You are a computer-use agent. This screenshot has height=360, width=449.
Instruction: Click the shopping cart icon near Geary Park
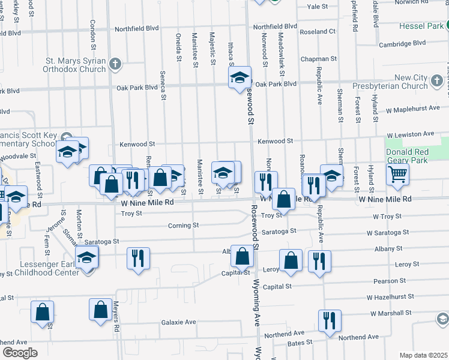click(397, 175)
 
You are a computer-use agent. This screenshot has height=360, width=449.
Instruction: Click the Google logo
click(20, 352)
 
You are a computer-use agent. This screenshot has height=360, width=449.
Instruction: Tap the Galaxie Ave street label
click(178, 322)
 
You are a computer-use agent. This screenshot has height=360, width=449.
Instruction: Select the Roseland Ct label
click(318, 31)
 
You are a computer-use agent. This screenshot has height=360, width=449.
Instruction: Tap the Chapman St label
click(319, 59)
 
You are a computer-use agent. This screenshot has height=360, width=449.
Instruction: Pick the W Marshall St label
click(390, 313)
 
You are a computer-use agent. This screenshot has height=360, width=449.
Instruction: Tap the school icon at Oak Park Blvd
click(239, 77)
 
